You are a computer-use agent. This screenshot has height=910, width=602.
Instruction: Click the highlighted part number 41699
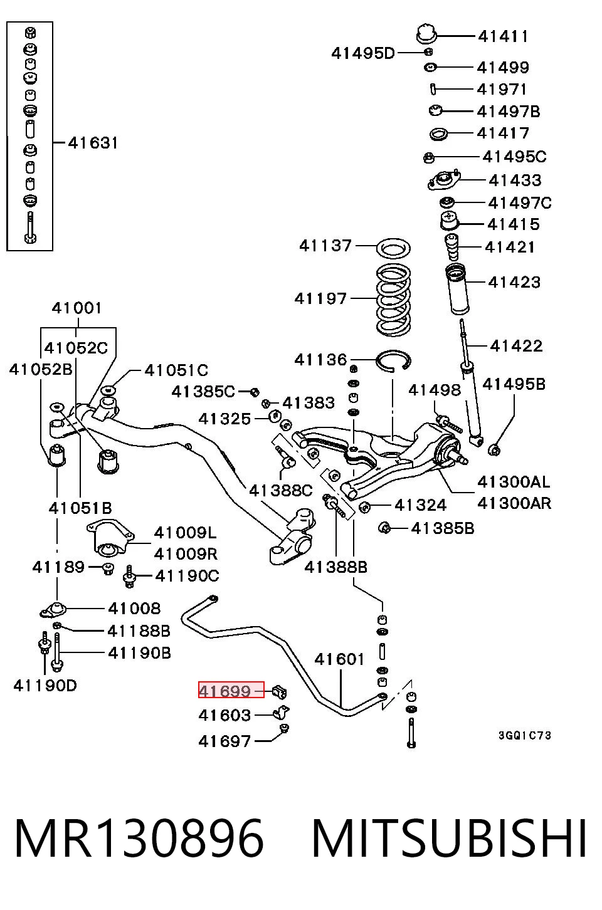(x=224, y=691)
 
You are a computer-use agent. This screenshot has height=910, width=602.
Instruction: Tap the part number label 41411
(x=503, y=36)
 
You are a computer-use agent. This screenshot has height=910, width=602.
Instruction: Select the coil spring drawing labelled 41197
(x=393, y=300)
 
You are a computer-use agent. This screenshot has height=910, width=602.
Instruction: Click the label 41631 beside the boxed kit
(x=93, y=143)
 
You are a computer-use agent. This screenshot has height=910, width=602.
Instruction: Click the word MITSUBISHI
(x=449, y=839)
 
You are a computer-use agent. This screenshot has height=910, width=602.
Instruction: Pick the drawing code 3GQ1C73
(x=525, y=735)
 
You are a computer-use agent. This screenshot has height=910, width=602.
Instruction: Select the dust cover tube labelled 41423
(x=457, y=289)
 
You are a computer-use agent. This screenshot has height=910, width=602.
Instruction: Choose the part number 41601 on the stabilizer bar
(x=339, y=659)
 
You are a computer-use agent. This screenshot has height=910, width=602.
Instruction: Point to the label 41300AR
(x=514, y=503)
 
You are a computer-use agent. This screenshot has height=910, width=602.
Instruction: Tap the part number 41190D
(x=45, y=686)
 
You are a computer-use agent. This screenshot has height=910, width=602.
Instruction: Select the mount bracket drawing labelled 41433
(x=444, y=180)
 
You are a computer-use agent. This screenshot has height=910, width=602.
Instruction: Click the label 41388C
(x=281, y=491)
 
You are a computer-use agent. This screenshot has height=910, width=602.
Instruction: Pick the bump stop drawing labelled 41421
(x=451, y=247)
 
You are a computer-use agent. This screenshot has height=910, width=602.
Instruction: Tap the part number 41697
(x=224, y=741)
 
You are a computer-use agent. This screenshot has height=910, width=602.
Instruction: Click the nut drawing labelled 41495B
(x=494, y=450)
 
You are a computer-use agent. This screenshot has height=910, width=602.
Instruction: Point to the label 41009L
(x=186, y=533)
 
